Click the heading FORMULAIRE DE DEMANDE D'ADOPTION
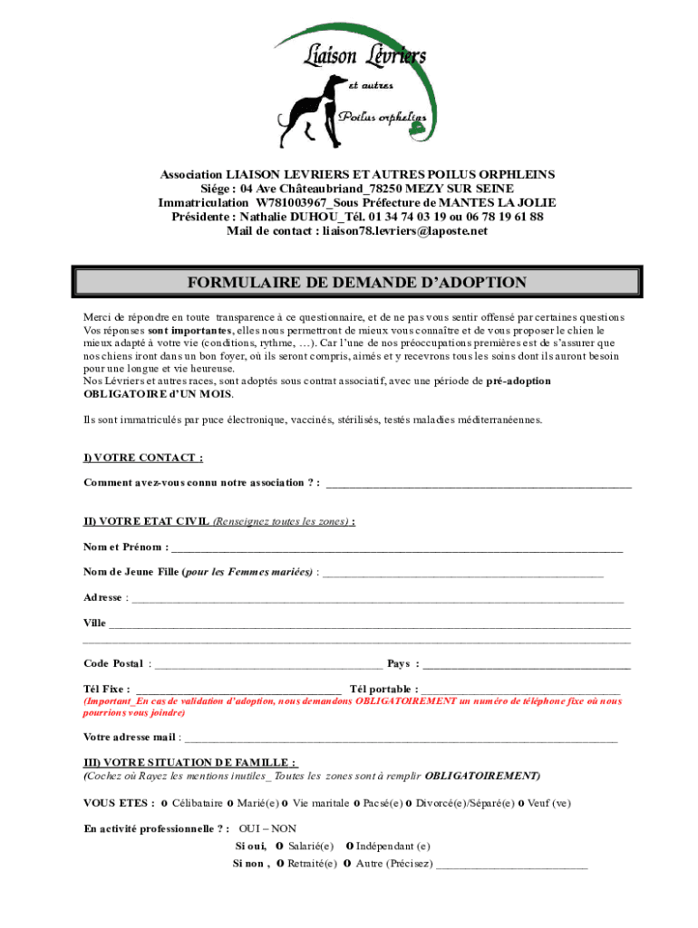(356, 283)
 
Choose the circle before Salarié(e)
(281, 846)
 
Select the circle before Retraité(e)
(280, 864)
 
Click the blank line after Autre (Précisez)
(511, 865)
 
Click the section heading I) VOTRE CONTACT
(142, 458)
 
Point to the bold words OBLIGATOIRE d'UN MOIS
(158, 394)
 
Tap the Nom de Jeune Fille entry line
(462, 575)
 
